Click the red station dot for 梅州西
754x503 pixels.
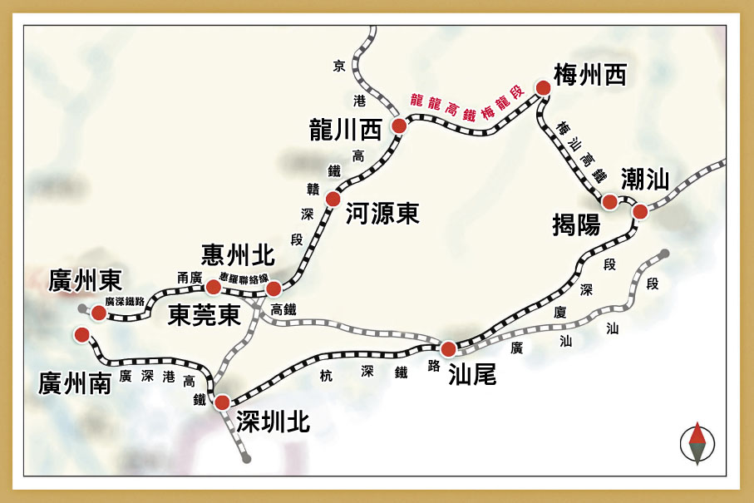(543, 87)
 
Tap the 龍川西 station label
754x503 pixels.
(344, 130)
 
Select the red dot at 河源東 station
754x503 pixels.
(333, 199)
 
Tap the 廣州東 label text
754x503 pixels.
(86, 281)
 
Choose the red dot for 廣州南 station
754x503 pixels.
(81, 334)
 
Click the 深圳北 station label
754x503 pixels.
(273, 422)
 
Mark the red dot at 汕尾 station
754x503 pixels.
(448, 348)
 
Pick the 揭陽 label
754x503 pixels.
(576, 224)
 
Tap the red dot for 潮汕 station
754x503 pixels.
(640, 211)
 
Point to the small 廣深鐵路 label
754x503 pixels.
(125, 302)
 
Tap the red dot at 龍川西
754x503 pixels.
(399, 126)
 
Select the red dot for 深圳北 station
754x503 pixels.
(222, 402)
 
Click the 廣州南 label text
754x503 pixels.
(74, 383)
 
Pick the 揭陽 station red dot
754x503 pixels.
(609, 201)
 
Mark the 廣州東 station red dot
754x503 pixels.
(99, 313)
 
